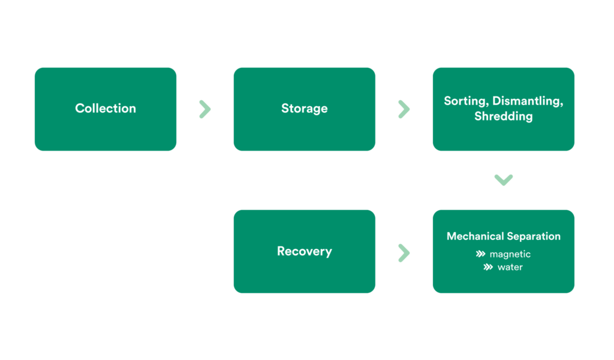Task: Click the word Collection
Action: (106, 109)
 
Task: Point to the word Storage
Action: (304, 109)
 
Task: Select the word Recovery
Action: (304, 251)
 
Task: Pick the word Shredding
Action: (503, 116)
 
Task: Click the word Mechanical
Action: (475, 236)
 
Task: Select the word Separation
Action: (534, 236)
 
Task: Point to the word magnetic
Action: (510, 254)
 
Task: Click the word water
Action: (510, 268)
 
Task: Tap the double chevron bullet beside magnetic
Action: (480, 254)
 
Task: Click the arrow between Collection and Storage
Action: (205, 109)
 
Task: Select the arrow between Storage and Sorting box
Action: (404, 109)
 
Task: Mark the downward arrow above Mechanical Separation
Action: (503, 180)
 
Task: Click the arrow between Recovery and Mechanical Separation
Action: (404, 253)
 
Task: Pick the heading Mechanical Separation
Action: (503, 236)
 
